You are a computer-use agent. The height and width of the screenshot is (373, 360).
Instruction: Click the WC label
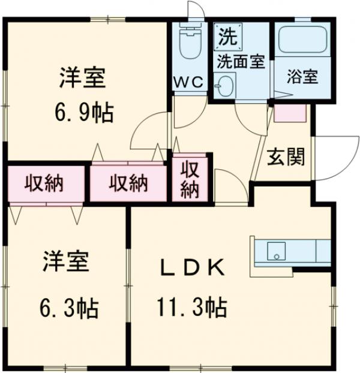(x=190, y=81)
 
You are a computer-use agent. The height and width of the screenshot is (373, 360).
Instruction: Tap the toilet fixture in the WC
(x=190, y=41)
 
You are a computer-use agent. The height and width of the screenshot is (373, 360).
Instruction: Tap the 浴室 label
(x=302, y=77)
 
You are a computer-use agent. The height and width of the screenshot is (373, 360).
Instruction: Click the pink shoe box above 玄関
(x=290, y=113)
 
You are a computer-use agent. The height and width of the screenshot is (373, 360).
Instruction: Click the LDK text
(x=193, y=266)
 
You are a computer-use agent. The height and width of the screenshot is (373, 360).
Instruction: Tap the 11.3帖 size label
(x=193, y=308)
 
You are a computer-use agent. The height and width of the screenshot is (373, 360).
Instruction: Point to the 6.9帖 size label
(x=85, y=113)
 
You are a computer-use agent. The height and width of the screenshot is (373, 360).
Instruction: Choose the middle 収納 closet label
(x=128, y=184)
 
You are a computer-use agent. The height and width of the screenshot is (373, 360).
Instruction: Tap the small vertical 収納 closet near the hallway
(x=190, y=179)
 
